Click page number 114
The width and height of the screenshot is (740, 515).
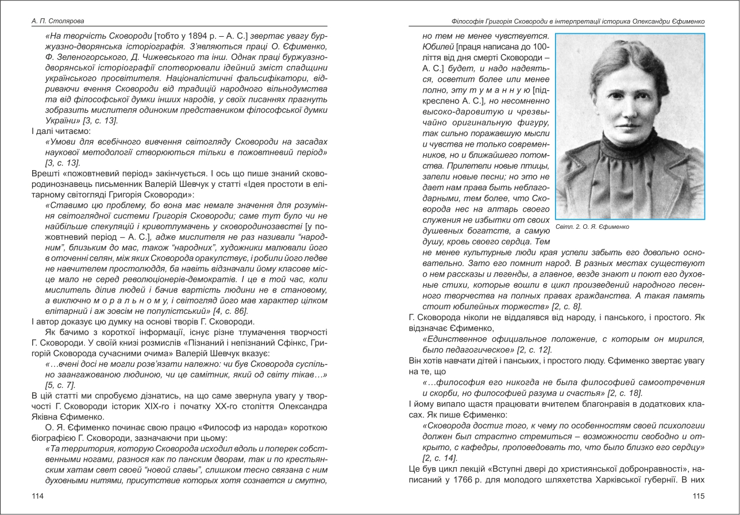coord(37,496)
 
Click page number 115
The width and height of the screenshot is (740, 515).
coord(699,496)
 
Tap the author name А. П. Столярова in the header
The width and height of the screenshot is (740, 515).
coord(57,21)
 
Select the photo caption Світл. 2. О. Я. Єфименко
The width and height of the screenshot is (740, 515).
coord(592,227)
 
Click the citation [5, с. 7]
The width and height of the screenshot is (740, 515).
coord(60,385)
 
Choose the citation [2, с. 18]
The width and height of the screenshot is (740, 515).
coord(624,393)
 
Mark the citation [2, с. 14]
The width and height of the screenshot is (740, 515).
coord(440,458)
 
